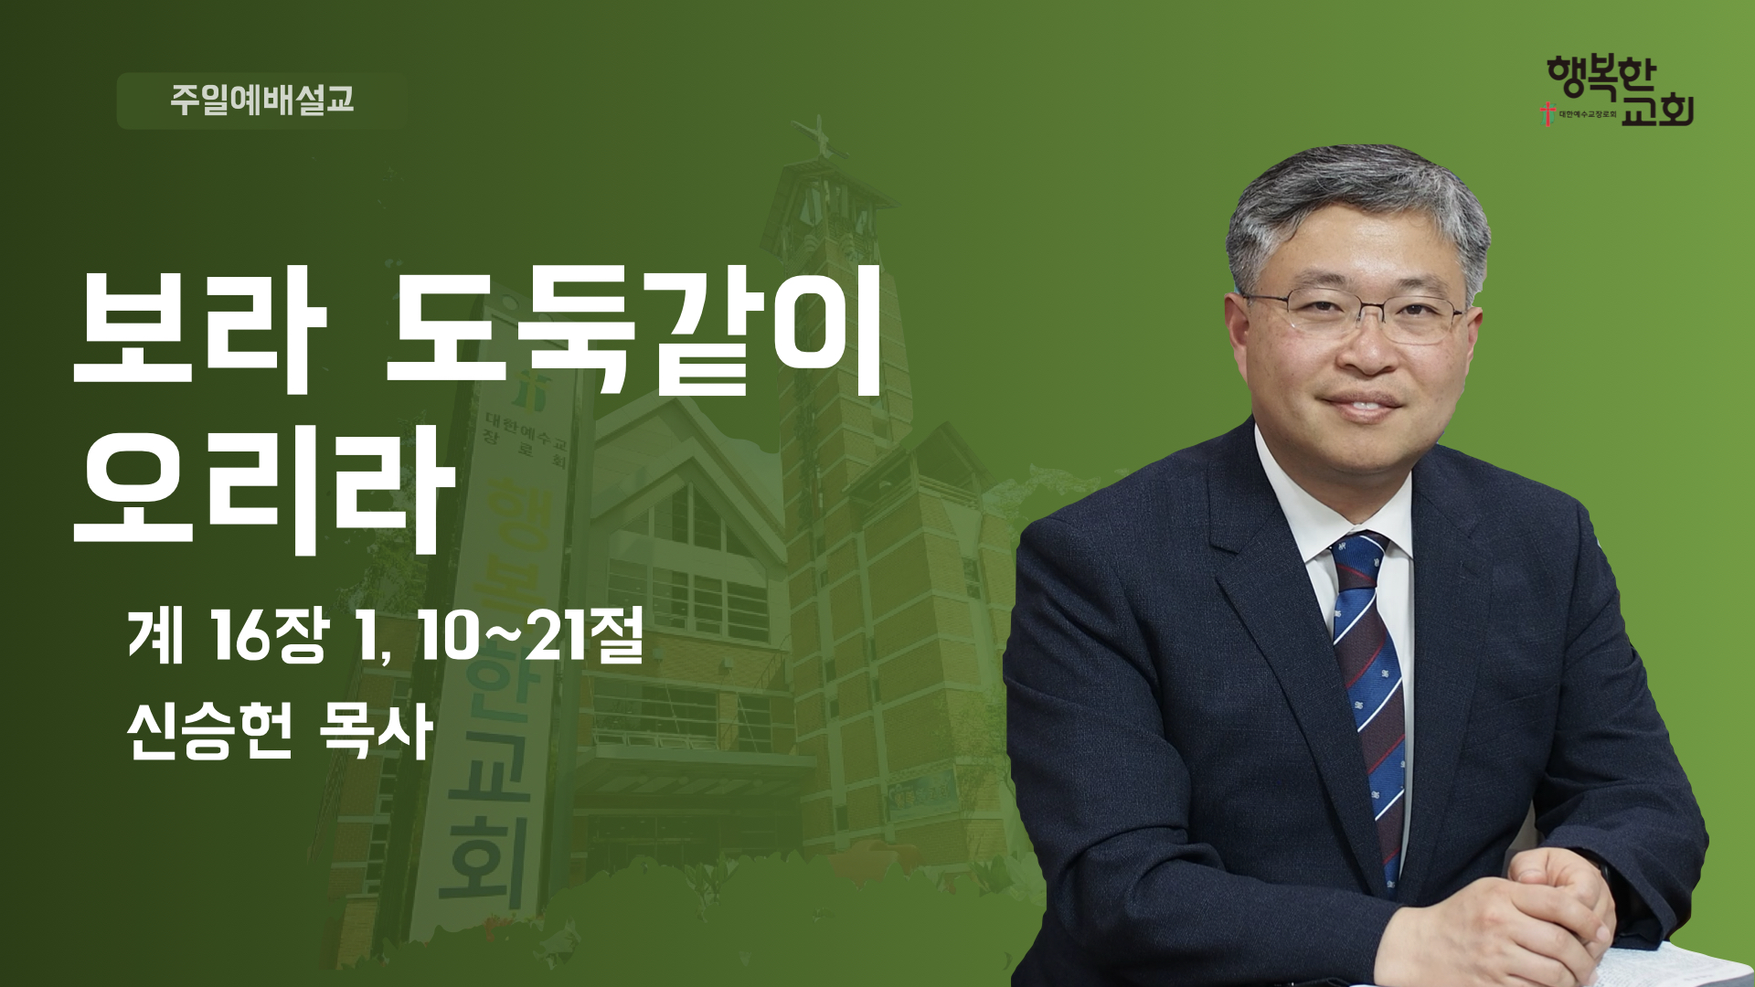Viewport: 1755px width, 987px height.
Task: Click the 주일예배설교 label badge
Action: tap(262, 101)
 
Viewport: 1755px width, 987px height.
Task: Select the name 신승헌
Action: tap(210, 731)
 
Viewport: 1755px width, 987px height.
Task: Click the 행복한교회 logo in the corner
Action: tap(1618, 91)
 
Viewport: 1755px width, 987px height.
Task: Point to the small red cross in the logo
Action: tap(1548, 114)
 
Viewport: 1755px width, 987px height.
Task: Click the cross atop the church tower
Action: tap(819, 137)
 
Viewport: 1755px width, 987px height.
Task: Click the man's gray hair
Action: tap(1353, 210)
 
